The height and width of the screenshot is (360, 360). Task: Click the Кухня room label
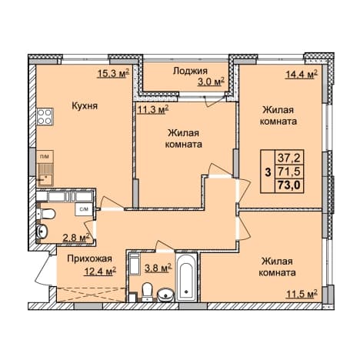click(85, 106)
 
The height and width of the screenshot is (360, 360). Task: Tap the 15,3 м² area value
click(113, 74)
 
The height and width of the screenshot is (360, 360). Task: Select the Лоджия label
click(190, 71)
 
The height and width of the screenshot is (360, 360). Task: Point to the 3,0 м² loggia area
click(211, 82)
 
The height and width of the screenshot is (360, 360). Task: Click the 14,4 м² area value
click(302, 75)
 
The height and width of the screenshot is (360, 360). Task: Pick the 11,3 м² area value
click(153, 110)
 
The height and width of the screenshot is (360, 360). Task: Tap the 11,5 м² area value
click(302, 294)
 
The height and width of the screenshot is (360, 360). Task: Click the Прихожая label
click(89, 258)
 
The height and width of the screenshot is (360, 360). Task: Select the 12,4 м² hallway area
click(99, 271)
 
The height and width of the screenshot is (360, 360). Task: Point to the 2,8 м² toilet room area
click(76, 238)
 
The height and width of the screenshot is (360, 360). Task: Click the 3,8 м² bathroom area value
click(158, 268)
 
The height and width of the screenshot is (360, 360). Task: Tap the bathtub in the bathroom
click(186, 278)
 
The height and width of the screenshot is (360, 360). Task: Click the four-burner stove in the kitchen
click(45, 116)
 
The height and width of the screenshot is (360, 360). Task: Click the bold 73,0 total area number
click(290, 185)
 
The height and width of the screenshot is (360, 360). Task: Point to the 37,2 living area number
click(290, 158)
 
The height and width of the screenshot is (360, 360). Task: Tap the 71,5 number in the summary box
click(290, 171)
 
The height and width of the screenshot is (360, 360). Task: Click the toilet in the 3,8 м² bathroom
click(147, 292)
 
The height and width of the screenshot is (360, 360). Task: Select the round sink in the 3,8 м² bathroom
click(165, 295)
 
